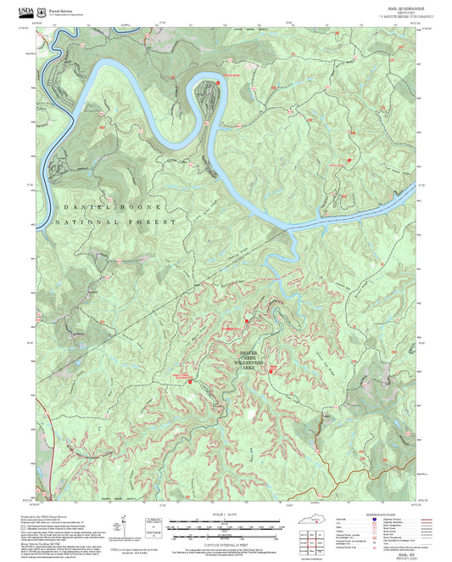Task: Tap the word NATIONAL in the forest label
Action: tap(87, 222)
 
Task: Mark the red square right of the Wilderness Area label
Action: tap(271, 371)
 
